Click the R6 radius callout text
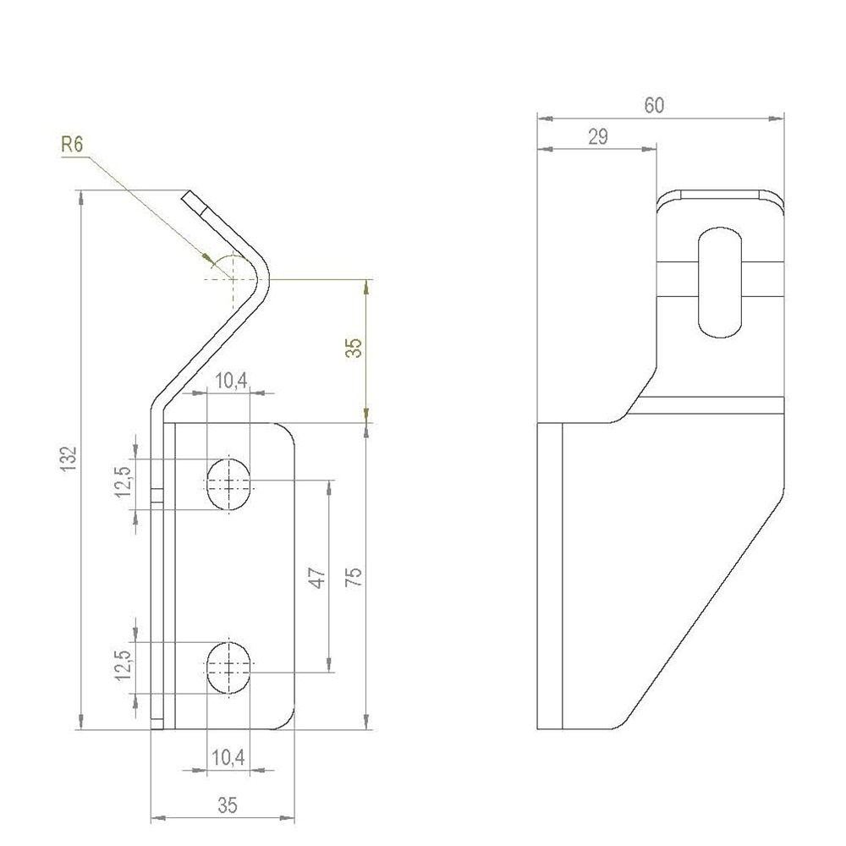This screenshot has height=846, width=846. click(x=72, y=146)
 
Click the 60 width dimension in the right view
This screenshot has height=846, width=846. click(x=654, y=106)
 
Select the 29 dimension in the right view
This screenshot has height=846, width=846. click(x=597, y=136)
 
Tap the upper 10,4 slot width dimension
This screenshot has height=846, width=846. click(x=229, y=381)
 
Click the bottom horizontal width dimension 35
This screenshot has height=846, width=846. click(x=227, y=806)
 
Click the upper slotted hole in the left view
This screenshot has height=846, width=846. click(x=228, y=484)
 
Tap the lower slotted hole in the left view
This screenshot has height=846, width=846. click(x=228, y=667)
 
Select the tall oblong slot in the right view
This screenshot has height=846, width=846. click(x=721, y=282)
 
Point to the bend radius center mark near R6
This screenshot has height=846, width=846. click(x=230, y=277)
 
